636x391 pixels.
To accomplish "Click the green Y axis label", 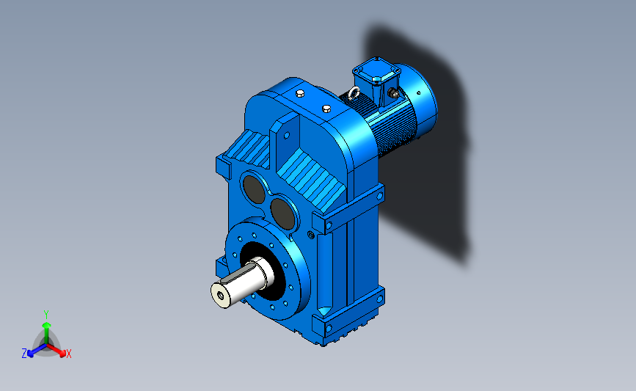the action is [x=45, y=315].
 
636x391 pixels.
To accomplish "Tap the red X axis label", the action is [x=68, y=354].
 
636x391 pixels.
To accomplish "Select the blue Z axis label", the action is [x=24, y=354].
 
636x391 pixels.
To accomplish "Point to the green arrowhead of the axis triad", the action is [x=46, y=325].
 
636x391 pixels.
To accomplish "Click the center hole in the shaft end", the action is [x=220, y=296].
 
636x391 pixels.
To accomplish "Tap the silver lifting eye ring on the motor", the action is [x=353, y=93].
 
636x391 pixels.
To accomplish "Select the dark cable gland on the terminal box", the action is [x=392, y=94].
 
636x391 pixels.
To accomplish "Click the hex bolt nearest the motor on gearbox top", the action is [x=326, y=109].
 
